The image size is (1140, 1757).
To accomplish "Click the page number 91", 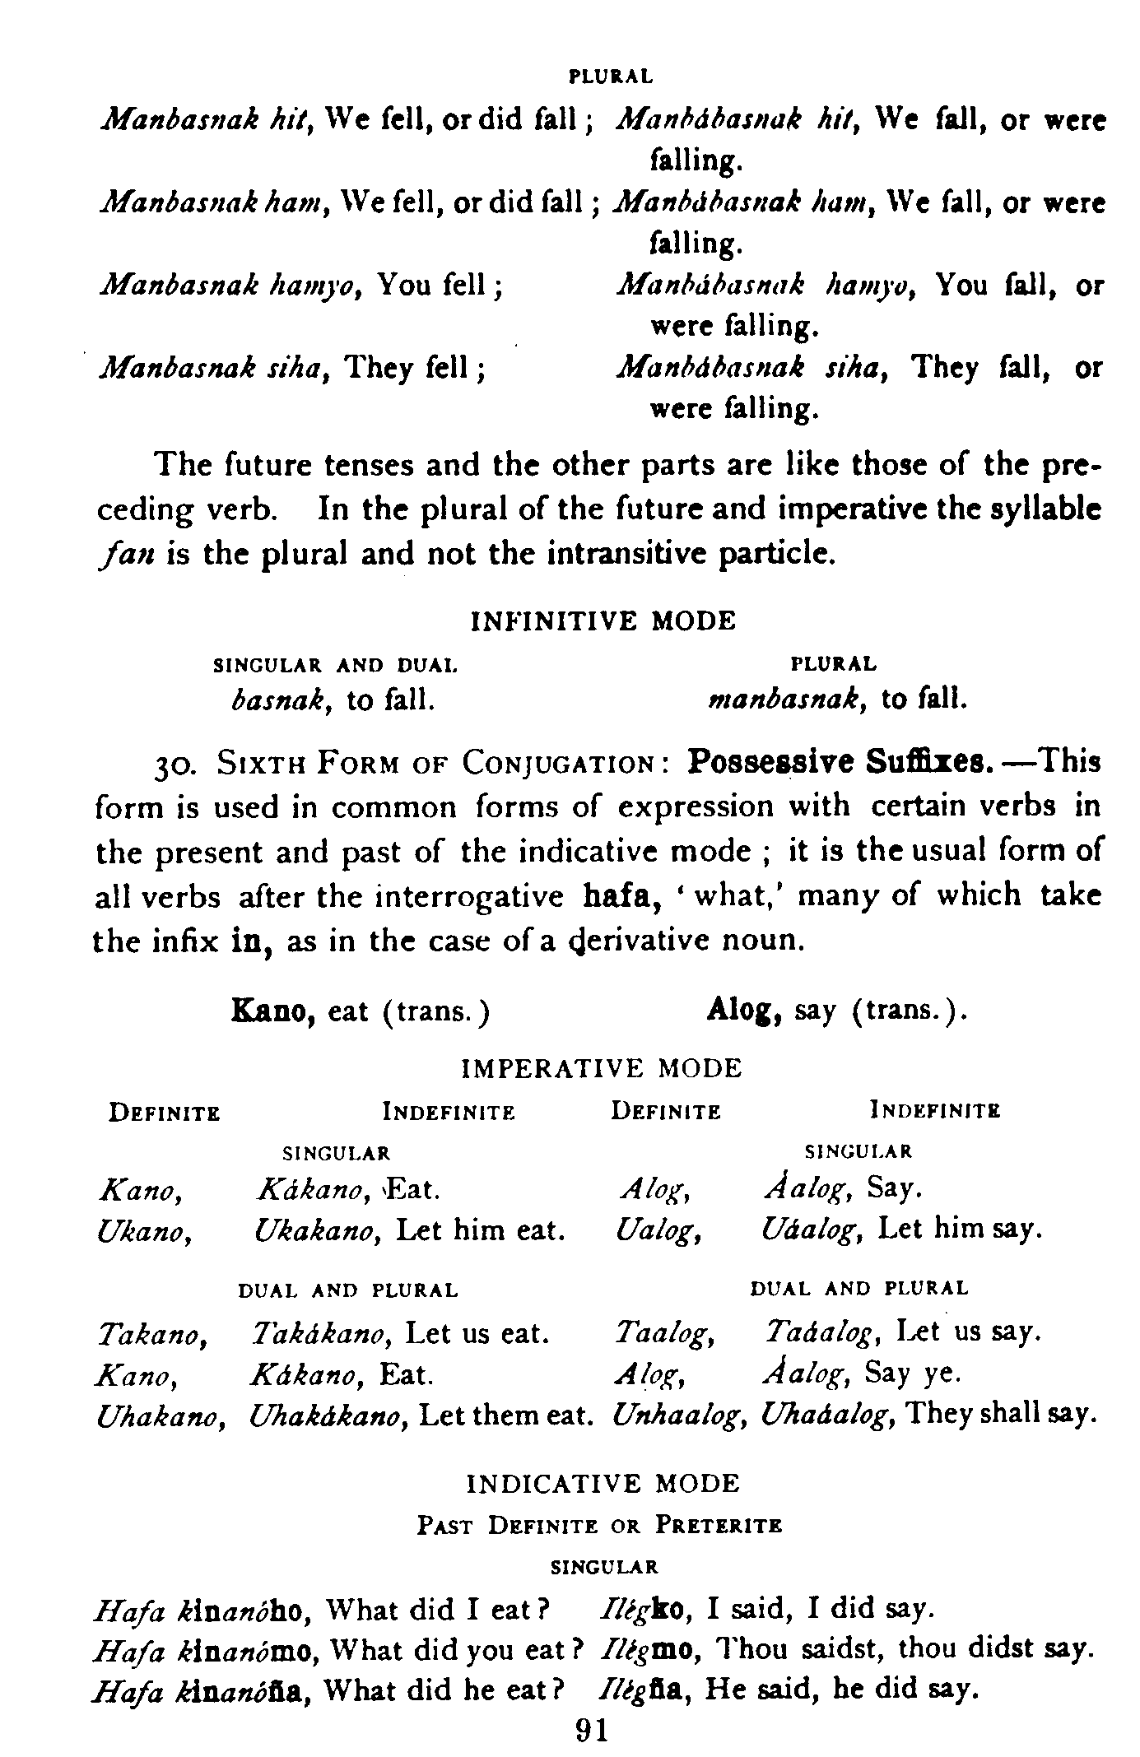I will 593,1729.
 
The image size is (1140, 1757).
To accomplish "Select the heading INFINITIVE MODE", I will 603,621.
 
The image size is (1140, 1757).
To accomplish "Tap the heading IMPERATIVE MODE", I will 603,1068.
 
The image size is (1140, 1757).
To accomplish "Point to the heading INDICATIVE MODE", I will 603,1484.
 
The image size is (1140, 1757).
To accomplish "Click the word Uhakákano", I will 331,1415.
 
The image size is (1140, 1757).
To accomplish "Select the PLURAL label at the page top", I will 611,77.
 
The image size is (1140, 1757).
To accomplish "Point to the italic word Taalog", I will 664,1332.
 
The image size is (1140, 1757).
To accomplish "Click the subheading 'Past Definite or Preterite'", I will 598,1526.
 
